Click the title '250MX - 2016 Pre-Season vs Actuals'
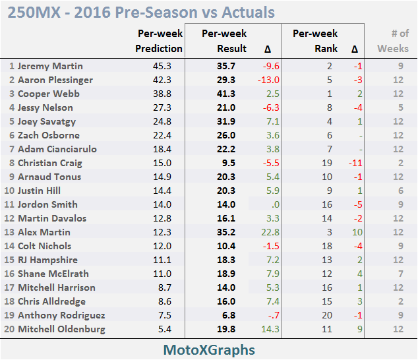coord(142,12)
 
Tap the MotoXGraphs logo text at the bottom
coord(208,349)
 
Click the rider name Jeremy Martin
coord(50,66)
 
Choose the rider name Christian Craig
coord(49,163)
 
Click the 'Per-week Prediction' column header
coord(159,41)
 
